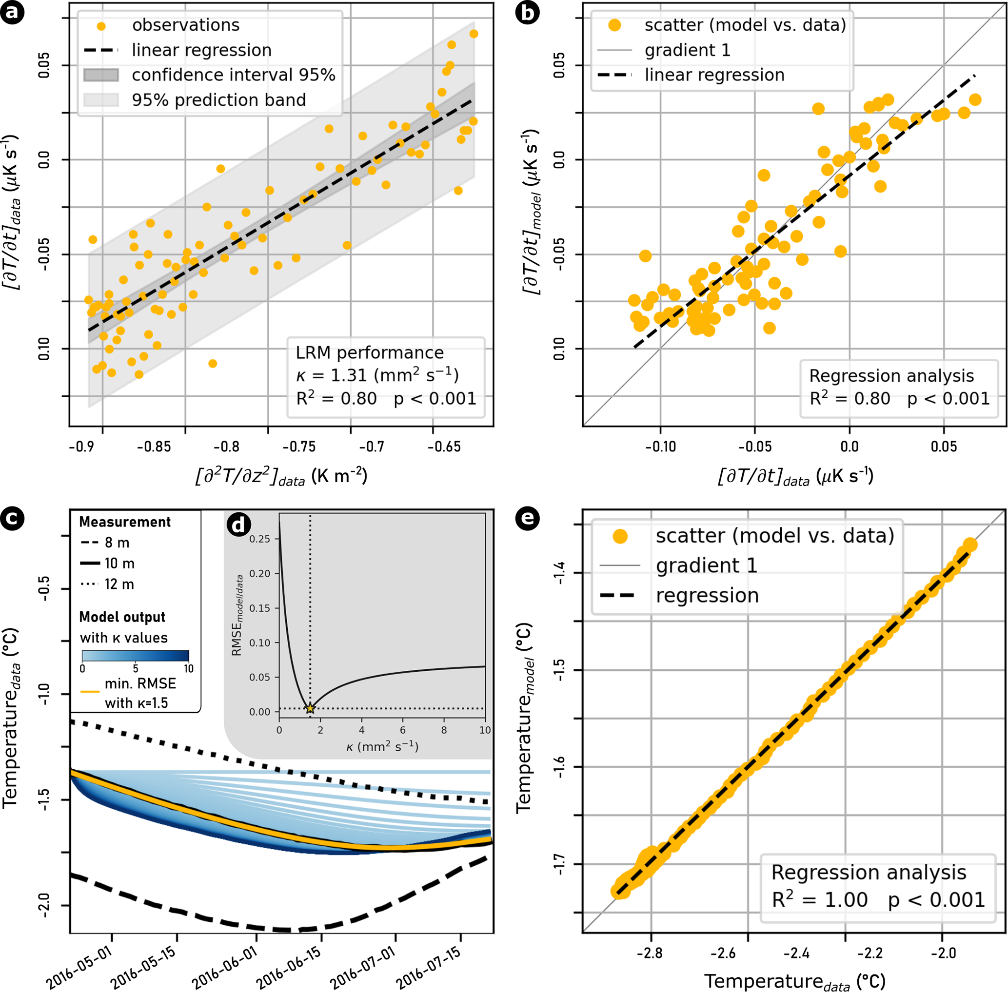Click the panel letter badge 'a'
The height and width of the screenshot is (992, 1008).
(x=12, y=12)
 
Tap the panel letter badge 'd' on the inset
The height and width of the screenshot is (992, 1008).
(x=238, y=525)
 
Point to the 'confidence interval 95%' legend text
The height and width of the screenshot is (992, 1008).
(x=233, y=75)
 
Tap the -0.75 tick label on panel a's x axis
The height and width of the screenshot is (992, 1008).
(x=299, y=447)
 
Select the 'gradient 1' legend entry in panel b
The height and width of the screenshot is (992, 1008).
(x=687, y=50)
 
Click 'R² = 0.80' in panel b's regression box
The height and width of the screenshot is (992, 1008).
(x=850, y=399)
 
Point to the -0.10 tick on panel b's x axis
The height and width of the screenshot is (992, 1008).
(x=660, y=447)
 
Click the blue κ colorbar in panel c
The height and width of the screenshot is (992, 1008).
(x=136, y=656)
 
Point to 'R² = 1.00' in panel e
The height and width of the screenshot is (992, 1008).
(x=819, y=900)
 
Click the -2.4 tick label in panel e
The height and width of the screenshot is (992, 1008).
(x=796, y=953)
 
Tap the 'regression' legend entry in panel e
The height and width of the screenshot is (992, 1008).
(x=707, y=596)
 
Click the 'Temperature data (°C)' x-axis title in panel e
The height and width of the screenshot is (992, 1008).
(x=794, y=981)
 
